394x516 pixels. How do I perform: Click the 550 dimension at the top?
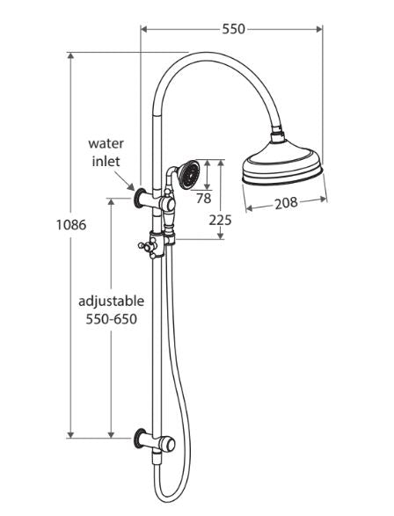coord(233,29)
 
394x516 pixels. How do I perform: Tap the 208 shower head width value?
coord(284,203)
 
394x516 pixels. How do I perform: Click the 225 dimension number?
coord(220,221)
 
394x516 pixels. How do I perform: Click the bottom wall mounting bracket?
coord(143,437)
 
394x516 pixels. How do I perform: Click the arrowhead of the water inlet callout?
coord(132,188)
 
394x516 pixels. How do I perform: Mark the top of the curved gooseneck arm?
coord(211,57)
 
